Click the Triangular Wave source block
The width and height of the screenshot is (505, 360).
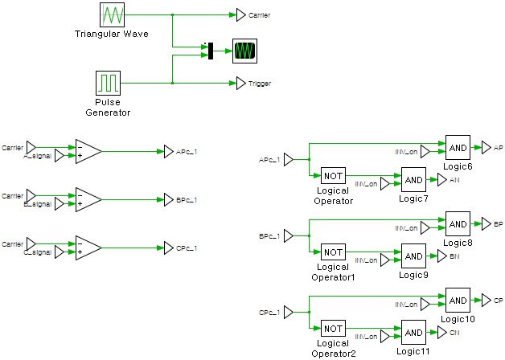point(110,15)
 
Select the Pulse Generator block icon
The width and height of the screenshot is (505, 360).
point(107,83)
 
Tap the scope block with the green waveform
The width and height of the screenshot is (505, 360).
point(244,50)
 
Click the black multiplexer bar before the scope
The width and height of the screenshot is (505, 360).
point(210,50)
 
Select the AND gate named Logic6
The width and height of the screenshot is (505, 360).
point(458,147)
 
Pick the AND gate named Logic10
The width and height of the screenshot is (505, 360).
point(458,300)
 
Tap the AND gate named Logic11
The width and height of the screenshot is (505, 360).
point(413,333)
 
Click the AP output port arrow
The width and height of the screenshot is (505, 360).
point(486,147)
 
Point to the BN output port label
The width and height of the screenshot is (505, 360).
point(454,256)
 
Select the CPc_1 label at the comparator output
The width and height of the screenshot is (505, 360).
point(187,247)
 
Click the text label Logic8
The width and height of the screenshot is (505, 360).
point(457,242)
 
